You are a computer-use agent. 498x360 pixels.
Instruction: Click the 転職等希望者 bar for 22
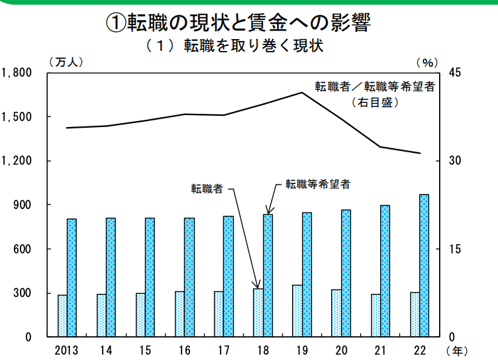coord(424,265)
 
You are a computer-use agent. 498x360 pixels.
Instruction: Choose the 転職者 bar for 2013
coord(62,316)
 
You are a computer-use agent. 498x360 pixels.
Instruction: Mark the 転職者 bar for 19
coord(297,311)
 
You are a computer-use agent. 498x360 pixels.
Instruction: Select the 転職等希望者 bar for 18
coord(268,275)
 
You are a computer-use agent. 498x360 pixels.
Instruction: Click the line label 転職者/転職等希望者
coord(375,87)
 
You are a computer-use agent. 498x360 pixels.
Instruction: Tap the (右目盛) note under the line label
coord(375,102)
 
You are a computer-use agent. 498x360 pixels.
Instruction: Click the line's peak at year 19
coord(302,93)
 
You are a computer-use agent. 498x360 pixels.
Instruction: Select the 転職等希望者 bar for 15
coord(150,277)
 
